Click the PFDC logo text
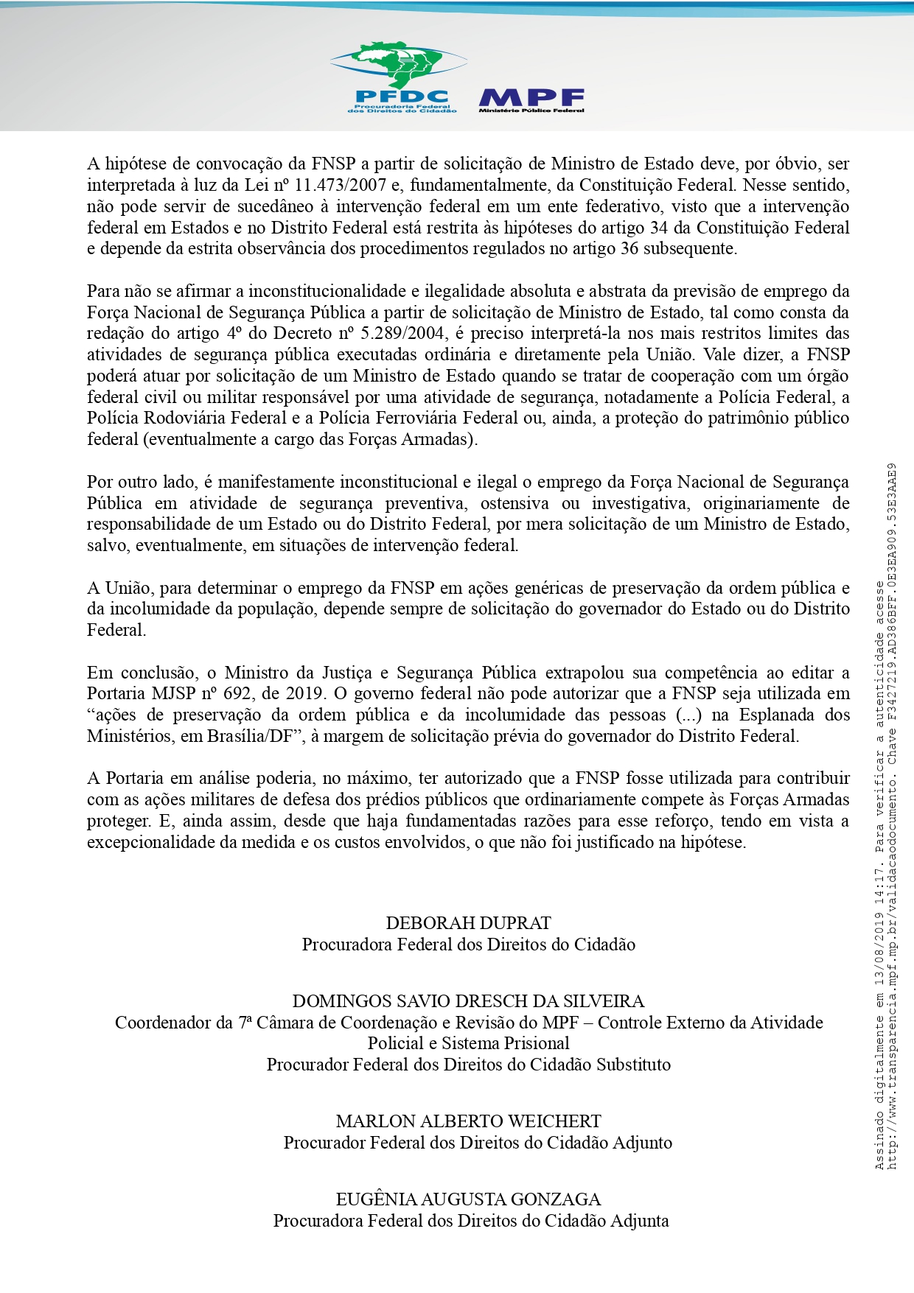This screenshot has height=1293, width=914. click(402, 97)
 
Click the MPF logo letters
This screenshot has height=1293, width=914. click(531, 97)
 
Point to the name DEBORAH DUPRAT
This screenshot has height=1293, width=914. click(468, 923)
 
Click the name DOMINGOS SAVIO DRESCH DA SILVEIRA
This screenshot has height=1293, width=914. click(468, 1001)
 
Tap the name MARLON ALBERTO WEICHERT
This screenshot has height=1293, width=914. click(468, 1121)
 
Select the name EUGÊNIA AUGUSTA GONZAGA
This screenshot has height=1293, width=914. click(468, 1199)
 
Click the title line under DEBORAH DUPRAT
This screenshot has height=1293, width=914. click(468, 945)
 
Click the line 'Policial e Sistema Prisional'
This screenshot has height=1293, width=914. click(468, 1043)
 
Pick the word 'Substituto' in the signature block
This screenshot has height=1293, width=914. click(633, 1065)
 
